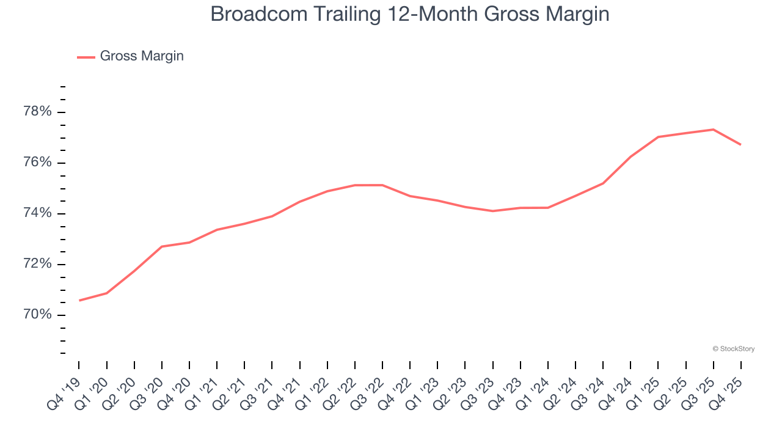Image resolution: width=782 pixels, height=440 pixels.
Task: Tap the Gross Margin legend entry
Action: tap(141, 56)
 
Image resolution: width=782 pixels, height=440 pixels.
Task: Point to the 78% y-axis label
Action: tap(37, 112)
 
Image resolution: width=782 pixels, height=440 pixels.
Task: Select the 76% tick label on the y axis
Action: tap(37, 163)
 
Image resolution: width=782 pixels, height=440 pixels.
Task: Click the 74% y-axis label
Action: tap(37, 213)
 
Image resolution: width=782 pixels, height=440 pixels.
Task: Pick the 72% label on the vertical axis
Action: tap(37, 264)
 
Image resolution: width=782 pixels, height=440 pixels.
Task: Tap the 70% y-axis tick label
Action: tap(37, 315)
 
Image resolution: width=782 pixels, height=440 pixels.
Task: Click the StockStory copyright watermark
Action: tap(733, 349)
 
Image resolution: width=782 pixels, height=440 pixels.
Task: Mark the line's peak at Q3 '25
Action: tap(713, 130)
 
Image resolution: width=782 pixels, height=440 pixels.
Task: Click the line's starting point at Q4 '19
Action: tap(79, 300)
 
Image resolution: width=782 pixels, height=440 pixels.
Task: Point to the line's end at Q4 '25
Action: tap(740, 144)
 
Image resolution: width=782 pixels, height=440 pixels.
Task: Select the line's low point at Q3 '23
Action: tap(492, 211)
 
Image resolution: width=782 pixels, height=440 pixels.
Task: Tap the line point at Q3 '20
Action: tap(162, 246)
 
